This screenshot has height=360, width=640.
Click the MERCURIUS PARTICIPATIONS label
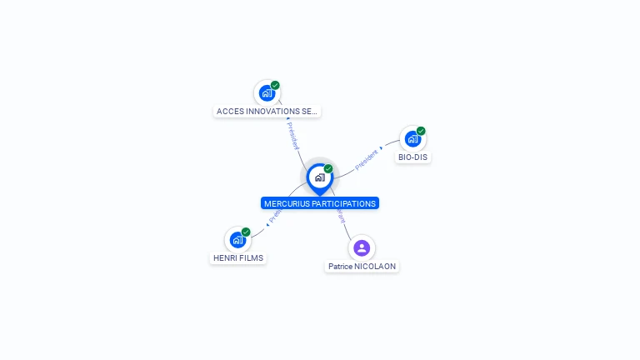tap(320, 203)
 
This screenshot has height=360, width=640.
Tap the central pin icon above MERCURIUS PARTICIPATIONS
tap(319, 177)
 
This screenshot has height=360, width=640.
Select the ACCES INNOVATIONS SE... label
tap(267, 111)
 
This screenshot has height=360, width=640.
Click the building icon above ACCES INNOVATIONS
tap(267, 93)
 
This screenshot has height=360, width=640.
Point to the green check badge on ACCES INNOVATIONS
tap(275, 85)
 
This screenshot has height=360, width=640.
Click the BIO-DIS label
tap(413, 157)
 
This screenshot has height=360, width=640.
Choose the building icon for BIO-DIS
tap(412, 139)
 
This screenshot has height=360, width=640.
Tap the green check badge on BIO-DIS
tap(421, 131)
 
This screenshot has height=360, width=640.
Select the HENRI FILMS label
tap(237, 257)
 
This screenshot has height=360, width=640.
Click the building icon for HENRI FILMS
tap(237, 240)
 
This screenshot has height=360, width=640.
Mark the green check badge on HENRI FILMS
tap(246, 232)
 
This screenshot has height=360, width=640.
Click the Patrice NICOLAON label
tap(362, 266)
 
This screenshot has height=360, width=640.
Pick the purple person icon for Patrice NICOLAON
tap(362, 247)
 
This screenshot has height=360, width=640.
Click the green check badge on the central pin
tap(328, 168)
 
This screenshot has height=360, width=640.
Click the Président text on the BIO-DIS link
tap(366, 160)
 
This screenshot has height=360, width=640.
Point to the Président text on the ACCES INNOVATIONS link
tap(292, 135)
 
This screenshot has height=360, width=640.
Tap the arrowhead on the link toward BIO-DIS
tap(382, 149)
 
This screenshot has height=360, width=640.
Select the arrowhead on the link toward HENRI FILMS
tap(267, 223)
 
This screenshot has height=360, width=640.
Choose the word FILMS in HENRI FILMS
tap(251, 257)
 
